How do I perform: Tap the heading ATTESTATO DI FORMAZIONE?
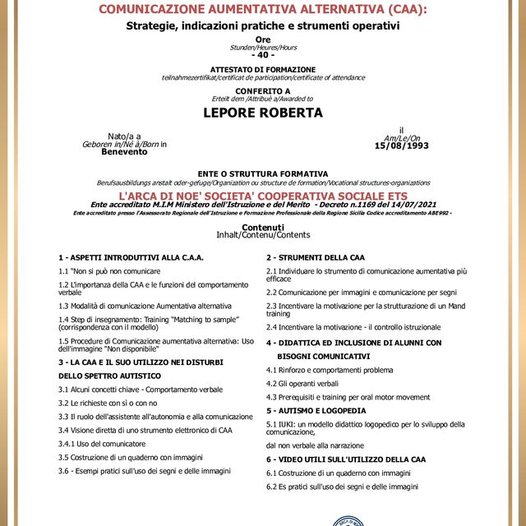[263, 69]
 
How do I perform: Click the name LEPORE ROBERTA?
[263, 113]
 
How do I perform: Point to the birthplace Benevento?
[124, 152]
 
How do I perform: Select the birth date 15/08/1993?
[401, 145]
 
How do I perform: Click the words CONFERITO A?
[263, 90]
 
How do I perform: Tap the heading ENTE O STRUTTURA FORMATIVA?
[263, 173]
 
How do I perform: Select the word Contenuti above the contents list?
[263, 227]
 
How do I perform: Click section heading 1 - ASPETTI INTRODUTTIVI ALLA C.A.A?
[131, 257]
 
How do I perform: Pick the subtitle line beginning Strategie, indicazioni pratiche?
[263, 26]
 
